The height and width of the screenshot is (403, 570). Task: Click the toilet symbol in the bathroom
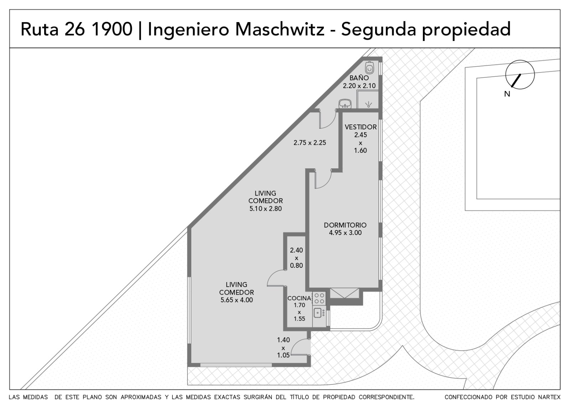click(x=370, y=68)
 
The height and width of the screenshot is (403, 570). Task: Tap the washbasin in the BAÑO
click(x=345, y=103)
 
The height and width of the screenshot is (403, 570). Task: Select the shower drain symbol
click(x=368, y=104)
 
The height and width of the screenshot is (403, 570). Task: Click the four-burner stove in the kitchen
click(x=319, y=299)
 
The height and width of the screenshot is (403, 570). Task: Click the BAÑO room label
click(x=359, y=78)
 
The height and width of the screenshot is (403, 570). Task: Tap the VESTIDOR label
click(x=361, y=127)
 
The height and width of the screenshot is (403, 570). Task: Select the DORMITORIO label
click(x=345, y=225)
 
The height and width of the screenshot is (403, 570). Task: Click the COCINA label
click(x=299, y=298)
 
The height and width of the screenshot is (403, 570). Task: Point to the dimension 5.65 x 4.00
click(x=237, y=300)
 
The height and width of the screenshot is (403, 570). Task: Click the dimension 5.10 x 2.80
click(x=265, y=209)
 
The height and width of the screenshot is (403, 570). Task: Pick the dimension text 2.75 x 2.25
click(x=310, y=143)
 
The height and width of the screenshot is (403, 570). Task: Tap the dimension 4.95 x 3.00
click(x=345, y=233)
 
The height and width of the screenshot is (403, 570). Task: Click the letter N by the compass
click(x=507, y=94)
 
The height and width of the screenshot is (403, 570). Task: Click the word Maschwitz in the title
click(x=280, y=29)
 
